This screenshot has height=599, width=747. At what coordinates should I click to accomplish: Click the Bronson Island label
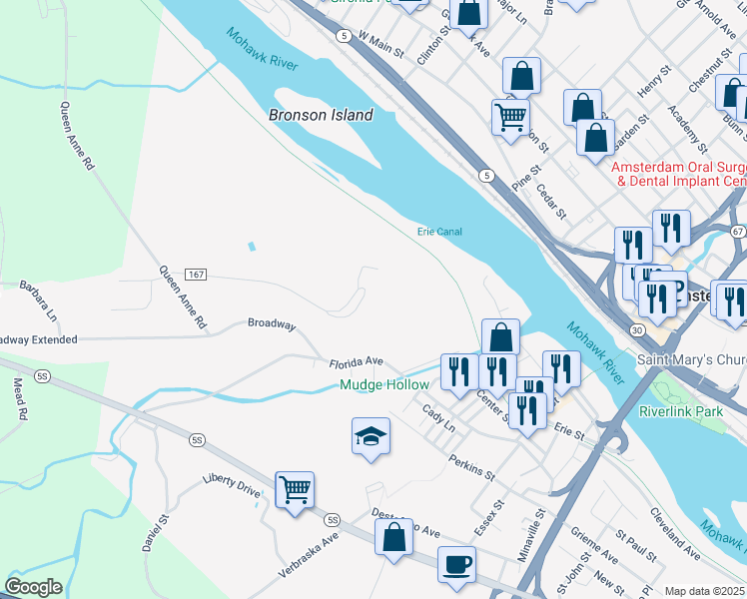[x=321, y=115]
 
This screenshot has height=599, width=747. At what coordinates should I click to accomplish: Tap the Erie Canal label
[x=439, y=232]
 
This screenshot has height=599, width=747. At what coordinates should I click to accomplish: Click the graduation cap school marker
[x=371, y=436]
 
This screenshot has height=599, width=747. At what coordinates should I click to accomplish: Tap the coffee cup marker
[x=456, y=564]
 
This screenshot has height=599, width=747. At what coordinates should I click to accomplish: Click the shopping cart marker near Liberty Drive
[x=295, y=490]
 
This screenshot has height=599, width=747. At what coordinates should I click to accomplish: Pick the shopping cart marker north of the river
[x=510, y=118]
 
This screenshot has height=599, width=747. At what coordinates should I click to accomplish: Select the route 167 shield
[x=196, y=275]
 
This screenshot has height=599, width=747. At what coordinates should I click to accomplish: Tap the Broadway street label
[x=272, y=324]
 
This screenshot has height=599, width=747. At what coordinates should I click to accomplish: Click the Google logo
[x=32, y=586]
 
